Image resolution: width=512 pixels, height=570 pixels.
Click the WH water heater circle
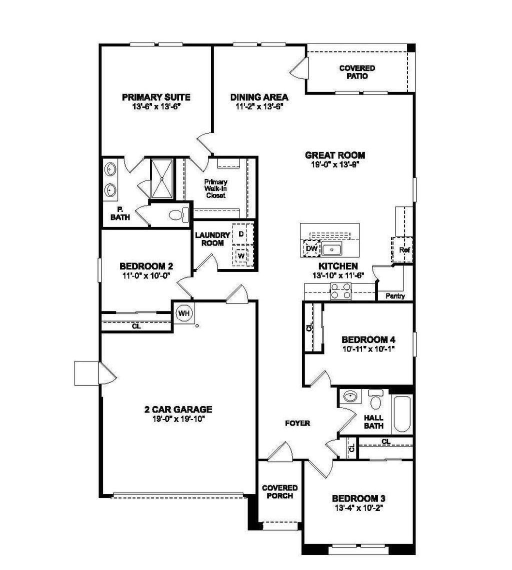[x=184, y=313]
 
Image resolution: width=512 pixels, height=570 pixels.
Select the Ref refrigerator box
[x=402, y=249]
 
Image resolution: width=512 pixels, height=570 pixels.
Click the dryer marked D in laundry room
[x=241, y=234]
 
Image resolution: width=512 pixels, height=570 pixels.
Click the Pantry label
[x=395, y=296]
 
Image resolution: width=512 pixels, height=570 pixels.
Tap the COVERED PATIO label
[x=357, y=72]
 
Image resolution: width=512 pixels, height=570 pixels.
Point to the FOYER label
[x=297, y=423]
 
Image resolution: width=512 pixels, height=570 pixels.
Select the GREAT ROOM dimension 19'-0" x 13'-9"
[x=334, y=163]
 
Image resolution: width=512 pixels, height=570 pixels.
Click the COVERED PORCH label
[x=280, y=491]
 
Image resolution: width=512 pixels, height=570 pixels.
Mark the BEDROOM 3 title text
[x=358, y=498]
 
